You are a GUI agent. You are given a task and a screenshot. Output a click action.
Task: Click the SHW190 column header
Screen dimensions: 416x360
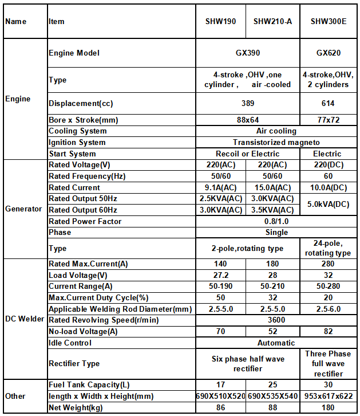tap(220, 22)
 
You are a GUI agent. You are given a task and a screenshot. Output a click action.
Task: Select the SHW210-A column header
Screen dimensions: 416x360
tap(272, 22)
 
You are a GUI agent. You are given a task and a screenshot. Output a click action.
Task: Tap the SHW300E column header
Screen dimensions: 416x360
tap(328, 22)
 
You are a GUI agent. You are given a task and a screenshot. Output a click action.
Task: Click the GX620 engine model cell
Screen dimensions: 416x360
tap(328, 53)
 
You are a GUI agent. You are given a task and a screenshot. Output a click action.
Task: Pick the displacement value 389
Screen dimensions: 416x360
tap(247, 104)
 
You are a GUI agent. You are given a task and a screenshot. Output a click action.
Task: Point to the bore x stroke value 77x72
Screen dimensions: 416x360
tap(328, 120)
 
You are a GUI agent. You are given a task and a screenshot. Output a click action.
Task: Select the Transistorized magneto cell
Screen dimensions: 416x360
tap(276, 143)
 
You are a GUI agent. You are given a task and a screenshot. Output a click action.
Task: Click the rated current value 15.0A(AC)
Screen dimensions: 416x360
tap(272, 187)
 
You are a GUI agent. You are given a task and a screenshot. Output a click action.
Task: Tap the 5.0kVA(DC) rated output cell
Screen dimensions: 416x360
tap(328, 204)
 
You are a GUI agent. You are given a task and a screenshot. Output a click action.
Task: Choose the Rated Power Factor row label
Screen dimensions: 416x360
tap(85, 221)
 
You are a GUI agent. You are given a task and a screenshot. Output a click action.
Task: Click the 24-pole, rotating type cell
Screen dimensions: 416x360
tap(328, 248)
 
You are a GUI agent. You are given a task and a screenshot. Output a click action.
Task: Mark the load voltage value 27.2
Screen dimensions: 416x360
tap(220, 275)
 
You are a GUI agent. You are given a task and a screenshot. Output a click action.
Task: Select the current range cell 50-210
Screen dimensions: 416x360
tap(272, 286)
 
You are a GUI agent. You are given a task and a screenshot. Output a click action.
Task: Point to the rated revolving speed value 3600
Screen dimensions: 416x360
tap(276, 320)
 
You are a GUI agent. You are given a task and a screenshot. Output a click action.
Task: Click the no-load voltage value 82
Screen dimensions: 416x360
tap(328, 331)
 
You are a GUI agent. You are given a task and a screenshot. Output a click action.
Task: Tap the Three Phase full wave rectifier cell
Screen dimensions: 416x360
tap(328, 363)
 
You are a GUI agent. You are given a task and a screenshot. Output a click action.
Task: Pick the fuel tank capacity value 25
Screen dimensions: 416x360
tap(272, 385)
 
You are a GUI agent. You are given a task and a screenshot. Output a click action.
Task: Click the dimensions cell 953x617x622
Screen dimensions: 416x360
tap(328, 396)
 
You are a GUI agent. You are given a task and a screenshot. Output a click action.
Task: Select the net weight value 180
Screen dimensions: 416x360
tap(328, 407)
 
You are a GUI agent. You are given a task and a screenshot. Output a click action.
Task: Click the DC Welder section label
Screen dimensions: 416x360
tap(25, 319)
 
